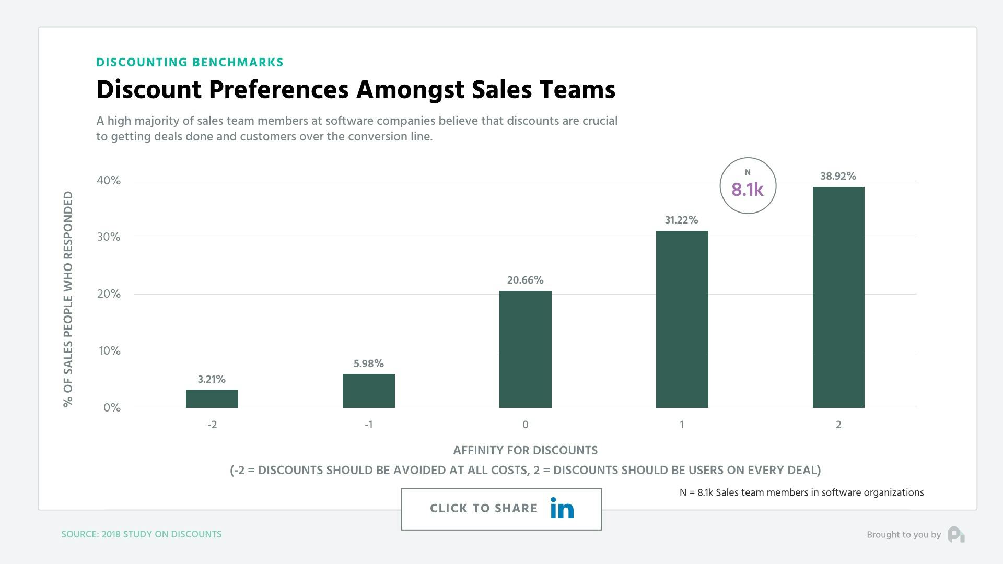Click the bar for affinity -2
[x=212, y=398]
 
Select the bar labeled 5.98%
[x=368, y=391]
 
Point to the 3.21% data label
[x=212, y=379]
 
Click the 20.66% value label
[x=525, y=280]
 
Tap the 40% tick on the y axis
[x=109, y=181]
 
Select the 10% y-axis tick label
[x=110, y=351]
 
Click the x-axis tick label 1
[x=682, y=425]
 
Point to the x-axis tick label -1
[x=368, y=425]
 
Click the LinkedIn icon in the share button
[x=562, y=508]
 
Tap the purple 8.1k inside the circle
[x=747, y=190]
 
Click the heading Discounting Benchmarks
[x=190, y=62]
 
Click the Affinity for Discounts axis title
[x=525, y=450]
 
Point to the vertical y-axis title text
[x=68, y=299]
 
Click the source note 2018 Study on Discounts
[x=142, y=534]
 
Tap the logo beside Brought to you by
[x=956, y=534]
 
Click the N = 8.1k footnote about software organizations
[x=801, y=492]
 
